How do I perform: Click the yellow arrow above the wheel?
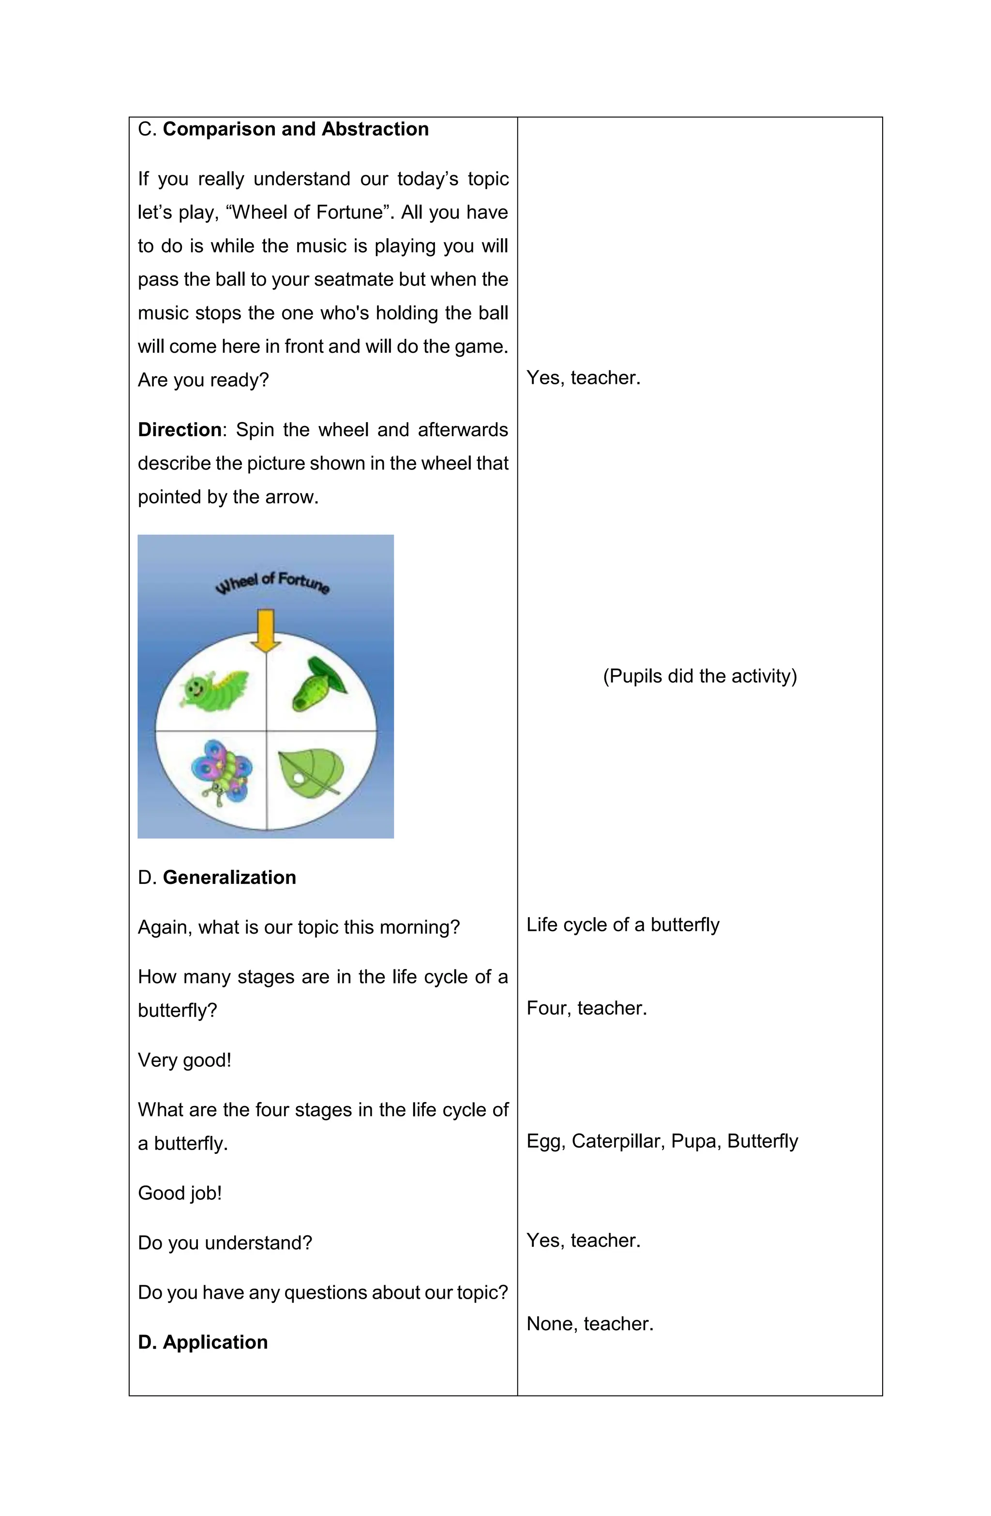(x=266, y=630)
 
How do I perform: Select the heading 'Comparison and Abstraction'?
(x=296, y=129)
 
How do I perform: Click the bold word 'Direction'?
(x=180, y=430)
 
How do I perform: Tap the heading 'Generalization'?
(x=229, y=877)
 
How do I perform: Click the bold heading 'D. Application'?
(x=203, y=1342)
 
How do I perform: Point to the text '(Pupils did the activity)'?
(x=699, y=676)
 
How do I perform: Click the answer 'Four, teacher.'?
(x=586, y=1008)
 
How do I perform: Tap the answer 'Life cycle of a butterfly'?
(x=622, y=925)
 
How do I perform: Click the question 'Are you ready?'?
(x=203, y=380)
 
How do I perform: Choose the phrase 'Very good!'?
(x=184, y=1060)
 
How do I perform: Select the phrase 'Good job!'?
(x=180, y=1193)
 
